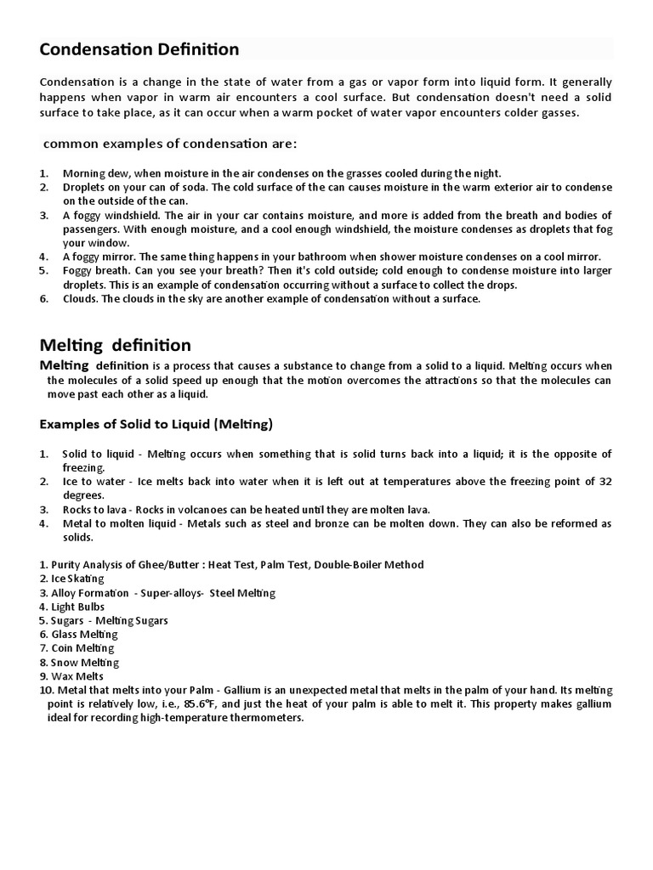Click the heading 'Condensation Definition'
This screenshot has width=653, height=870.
pos(139,50)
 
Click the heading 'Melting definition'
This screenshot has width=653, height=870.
pos(116,345)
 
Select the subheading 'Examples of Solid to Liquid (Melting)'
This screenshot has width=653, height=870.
pos(156,424)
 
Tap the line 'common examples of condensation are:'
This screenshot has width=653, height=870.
pos(170,144)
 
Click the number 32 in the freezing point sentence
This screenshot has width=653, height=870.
pos(605,482)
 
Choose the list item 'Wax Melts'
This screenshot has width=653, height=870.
pos(77,676)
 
